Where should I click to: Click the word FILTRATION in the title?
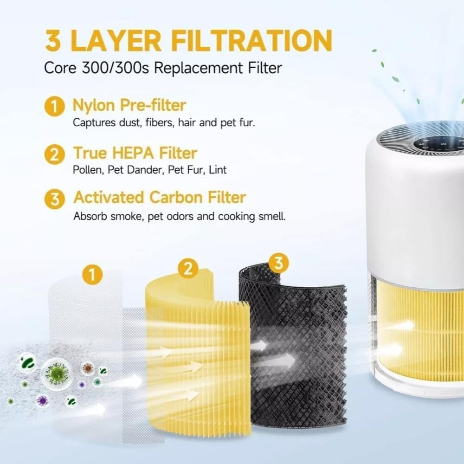[251, 40]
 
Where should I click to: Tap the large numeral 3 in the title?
[53, 40]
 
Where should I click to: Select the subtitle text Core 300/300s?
[97, 68]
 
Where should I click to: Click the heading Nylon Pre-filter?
[129, 106]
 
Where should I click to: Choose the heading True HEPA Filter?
[135, 153]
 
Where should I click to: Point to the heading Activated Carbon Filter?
[160, 197]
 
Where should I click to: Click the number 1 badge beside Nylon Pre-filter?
[54, 106]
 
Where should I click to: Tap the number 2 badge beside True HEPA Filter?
[54, 155]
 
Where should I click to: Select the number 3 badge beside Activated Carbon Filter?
[54, 199]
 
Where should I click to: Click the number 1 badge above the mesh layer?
[92, 274]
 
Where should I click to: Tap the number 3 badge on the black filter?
[279, 263]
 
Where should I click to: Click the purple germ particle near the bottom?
[43, 401]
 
